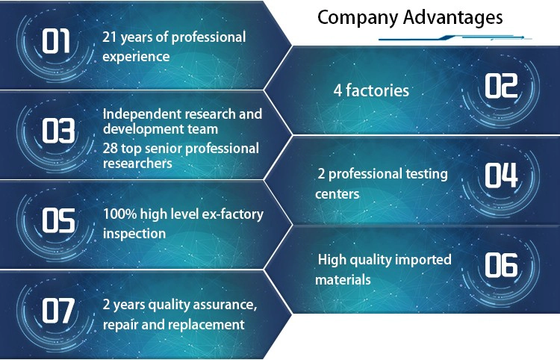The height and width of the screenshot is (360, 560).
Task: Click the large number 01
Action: pyautogui.click(x=56, y=41)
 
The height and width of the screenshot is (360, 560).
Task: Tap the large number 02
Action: pyautogui.click(x=501, y=86)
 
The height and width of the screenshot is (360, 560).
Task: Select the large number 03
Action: pyautogui.click(x=58, y=131)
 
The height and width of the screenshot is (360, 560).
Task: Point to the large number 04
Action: pyautogui.click(x=501, y=175)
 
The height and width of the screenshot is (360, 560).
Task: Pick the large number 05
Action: pyautogui.click(x=58, y=220)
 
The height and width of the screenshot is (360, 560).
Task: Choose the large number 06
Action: pyautogui.click(x=501, y=265)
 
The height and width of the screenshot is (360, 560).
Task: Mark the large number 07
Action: pyautogui.click(x=58, y=311)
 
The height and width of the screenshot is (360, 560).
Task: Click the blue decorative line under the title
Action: pyautogui.click(x=455, y=37)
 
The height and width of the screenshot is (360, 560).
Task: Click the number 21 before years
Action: pyautogui.click(x=110, y=37)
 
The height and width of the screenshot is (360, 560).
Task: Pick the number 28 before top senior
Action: pyautogui.click(x=110, y=149)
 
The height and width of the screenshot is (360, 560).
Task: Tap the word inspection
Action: pyautogui.click(x=134, y=234)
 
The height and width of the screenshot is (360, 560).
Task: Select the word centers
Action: pyautogui.click(x=337, y=194)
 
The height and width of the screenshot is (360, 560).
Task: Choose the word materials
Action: pyautogui.click(x=343, y=279)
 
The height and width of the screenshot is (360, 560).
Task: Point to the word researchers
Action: pyautogui.click(x=137, y=164)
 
